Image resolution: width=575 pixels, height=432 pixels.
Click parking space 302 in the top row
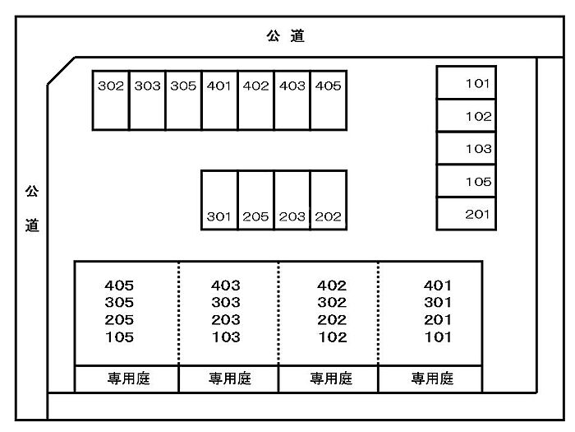coord(111,99)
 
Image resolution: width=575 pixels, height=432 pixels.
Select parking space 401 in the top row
coord(219,99)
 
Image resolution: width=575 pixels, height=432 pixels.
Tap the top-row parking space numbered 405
coord(329,99)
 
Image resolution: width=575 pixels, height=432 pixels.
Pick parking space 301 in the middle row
coord(219,200)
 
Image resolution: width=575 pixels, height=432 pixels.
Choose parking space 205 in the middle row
coord(255,200)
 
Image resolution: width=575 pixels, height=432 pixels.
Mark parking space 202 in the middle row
coord(329,200)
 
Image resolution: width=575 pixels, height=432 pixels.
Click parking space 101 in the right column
coord(466,82)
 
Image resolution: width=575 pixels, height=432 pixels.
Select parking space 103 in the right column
coord(466,148)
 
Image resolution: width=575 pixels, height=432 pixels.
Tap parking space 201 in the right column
coord(466,214)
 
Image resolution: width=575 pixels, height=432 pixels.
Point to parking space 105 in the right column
coord(466,181)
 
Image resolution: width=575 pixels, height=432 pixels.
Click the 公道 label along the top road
coord(286,36)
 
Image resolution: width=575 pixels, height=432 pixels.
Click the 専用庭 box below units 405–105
coord(126,379)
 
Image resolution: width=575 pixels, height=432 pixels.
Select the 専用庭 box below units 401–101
coord(430,379)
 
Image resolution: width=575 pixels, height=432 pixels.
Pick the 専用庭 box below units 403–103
coord(228,379)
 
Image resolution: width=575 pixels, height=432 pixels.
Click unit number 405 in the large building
coord(119,286)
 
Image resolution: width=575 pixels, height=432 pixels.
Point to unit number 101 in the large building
coord(438,337)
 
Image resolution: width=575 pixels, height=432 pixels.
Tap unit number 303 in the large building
coord(226,303)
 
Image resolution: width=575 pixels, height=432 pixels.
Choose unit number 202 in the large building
coord(332,320)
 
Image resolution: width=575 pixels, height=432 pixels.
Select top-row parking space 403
coord(292,99)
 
